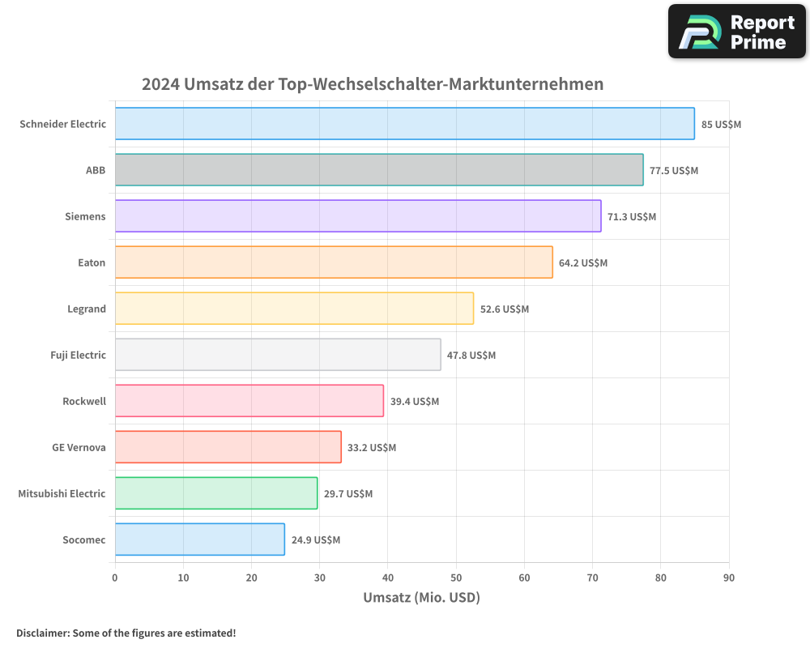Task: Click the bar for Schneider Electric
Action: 404,124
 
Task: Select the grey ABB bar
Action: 379,170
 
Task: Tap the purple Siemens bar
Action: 357,216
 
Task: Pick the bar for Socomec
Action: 199,539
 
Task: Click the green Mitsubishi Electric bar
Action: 215,493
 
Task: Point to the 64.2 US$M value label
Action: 583,262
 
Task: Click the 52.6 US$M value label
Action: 505,309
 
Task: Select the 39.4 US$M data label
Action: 415,401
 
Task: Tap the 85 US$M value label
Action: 722,124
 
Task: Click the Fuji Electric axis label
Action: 78,355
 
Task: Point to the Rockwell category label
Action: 84,401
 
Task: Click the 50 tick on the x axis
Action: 456,578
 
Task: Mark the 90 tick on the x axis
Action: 729,578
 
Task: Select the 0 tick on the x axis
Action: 115,578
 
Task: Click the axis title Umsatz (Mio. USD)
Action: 421,598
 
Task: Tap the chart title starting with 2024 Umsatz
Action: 373,84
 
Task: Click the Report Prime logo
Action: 736,32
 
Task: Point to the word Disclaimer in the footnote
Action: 42,633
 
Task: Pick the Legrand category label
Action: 87,309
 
